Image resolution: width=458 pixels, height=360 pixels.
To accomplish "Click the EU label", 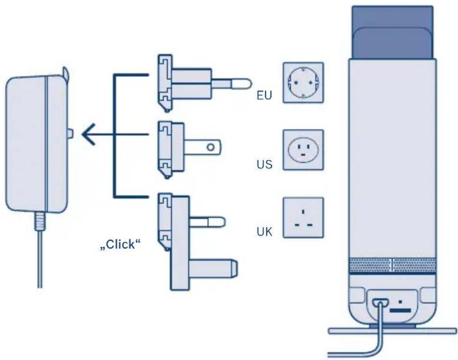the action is pos(264,96).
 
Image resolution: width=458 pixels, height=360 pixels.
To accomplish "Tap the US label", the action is pos(264,164).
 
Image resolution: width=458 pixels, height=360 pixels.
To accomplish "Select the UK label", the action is pos(264,232).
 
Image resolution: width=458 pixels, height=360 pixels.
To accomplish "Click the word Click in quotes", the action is pos(120,244).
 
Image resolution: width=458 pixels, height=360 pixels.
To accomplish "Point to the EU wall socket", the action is pos(303,83).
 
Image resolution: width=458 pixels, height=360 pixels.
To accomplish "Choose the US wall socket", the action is pos(303,150).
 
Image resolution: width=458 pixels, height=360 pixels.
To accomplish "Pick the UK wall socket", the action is pos(303,218).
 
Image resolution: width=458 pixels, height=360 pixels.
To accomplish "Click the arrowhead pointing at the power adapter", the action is pos(89,134).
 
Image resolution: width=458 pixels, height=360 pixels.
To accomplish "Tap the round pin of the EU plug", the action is pos(231,84).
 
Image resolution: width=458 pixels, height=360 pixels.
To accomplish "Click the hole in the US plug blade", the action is pos(211,147).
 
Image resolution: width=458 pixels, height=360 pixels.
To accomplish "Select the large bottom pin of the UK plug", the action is pos(213,268).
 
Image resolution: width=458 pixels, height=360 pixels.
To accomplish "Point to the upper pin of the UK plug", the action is pos(207,222).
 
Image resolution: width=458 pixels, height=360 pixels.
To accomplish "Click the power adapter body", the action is pos(36,144).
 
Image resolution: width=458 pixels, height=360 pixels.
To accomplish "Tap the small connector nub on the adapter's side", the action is pos(70,134).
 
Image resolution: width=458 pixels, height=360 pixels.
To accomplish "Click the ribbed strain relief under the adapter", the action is pos(40,221).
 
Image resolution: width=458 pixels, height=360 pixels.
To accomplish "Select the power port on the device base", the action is pos(380,303).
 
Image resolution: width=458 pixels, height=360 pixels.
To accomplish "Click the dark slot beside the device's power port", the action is pos(400,310).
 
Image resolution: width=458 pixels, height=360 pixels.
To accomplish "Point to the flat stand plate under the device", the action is pos(392,331).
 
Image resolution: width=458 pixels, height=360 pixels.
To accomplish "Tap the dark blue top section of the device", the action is pos(393,32).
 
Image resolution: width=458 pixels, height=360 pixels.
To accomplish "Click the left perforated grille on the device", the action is pos(370,265).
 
